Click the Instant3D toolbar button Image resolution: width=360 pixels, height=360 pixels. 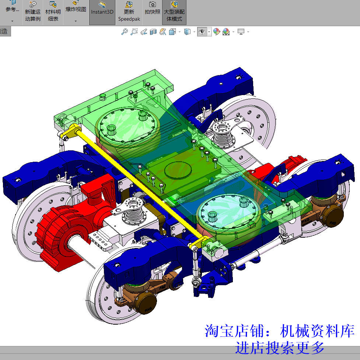pyautogui.click(x=102, y=12)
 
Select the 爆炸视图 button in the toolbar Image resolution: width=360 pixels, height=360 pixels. pyautogui.click(x=76, y=9)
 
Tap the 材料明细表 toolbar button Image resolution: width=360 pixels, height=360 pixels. pyautogui.click(x=53, y=12)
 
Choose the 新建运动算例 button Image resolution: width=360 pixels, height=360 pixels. pyautogui.click(x=33, y=12)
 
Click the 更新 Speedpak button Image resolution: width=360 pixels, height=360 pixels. pyautogui.click(x=129, y=12)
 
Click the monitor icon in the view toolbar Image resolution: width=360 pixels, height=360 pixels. pyautogui.click(x=241, y=32)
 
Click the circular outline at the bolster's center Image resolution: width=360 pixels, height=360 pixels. pyautogui.click(x=178, y=170)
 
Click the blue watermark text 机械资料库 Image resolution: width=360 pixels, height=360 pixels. pyautogui.click(x=317, y=331)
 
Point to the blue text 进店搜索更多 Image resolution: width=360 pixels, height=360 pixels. pyautogui.click(x=280, y=347)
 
